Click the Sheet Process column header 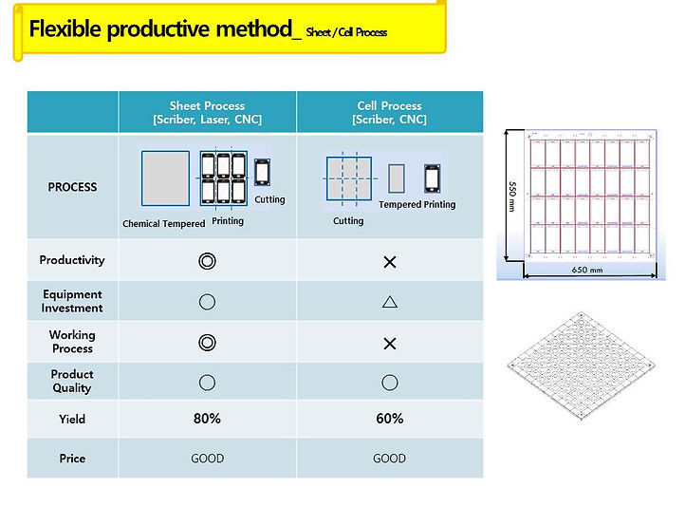click(x=207, y=112)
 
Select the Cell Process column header click(x=389, y=112)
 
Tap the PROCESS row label click(x=72, y=187)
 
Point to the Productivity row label click(x=72, y=260)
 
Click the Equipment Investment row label click(x=72, y=301)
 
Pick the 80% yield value click(x=207, y=419)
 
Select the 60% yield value click(x=389, y=419)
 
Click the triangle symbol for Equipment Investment click(x=389, y=302)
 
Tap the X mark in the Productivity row click(x=389, y=262)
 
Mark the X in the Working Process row click(x=389, y=343)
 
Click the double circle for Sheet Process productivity click(x=207, y=261)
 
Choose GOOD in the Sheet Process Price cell click(x=207, y=459)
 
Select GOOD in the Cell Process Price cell click(x=389, y=459)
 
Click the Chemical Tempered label click(x=163, y=224)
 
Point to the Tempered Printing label click(x=417, y=205)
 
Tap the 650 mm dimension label click(x=587, y=270)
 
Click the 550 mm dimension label click(x=511, y=197)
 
